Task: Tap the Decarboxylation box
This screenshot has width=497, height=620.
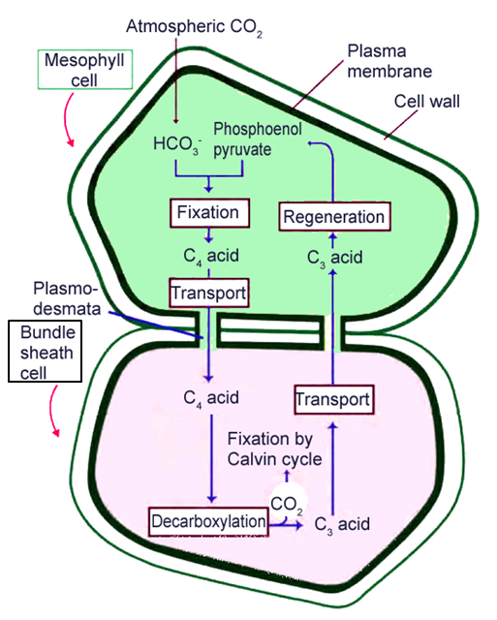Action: click(x=208, y=521)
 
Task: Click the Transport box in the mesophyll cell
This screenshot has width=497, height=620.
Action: click(x=208, y=292)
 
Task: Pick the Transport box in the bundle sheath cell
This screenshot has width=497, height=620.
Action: click(x=332, y=399)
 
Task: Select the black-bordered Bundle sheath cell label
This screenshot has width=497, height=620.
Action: click(x=43, y=353)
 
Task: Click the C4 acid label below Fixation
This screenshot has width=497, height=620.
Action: click(x=210, y=256)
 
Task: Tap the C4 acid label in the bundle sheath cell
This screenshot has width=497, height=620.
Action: click(x=210, y=397)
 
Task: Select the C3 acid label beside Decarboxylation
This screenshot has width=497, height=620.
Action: click(x=342, y=524)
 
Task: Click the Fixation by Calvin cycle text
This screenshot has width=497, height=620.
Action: click(x=275, y=449)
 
